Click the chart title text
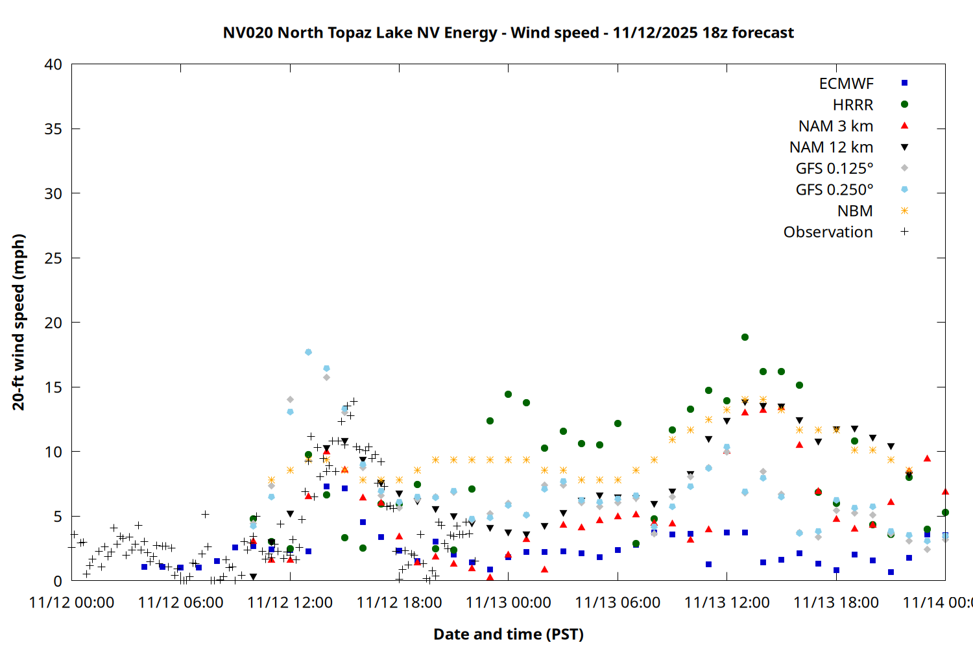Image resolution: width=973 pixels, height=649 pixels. coord(508,32)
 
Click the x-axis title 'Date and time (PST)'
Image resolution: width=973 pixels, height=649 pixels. coord(508,634)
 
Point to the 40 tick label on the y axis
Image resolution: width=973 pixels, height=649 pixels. coord(53,64)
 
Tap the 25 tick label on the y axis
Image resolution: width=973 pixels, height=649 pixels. coord(53,258)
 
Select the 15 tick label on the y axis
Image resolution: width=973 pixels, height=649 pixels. coord(53,387)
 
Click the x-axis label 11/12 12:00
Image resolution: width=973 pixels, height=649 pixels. coord(290,602)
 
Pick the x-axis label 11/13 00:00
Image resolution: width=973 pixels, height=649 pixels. coord(509,602)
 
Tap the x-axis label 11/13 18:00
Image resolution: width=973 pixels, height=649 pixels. coord(836,602)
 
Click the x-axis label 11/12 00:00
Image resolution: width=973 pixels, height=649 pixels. coord(71,602)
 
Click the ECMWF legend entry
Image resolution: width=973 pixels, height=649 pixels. coord(846,84)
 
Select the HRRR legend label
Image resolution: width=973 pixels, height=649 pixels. coord(853,104)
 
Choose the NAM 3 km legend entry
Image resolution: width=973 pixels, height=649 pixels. coord(835,126)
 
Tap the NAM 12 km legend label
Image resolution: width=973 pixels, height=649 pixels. coord(831,147)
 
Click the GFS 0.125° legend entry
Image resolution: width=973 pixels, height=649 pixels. coord(834,169)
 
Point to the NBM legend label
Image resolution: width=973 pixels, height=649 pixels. coord(855,211)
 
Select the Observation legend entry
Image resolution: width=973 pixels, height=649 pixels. coord(828,232)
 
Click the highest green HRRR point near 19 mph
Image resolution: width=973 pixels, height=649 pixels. coord(745,337)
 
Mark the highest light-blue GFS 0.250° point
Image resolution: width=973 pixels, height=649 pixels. coord(308,352)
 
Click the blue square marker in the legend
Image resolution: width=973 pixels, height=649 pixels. coord(904,83)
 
